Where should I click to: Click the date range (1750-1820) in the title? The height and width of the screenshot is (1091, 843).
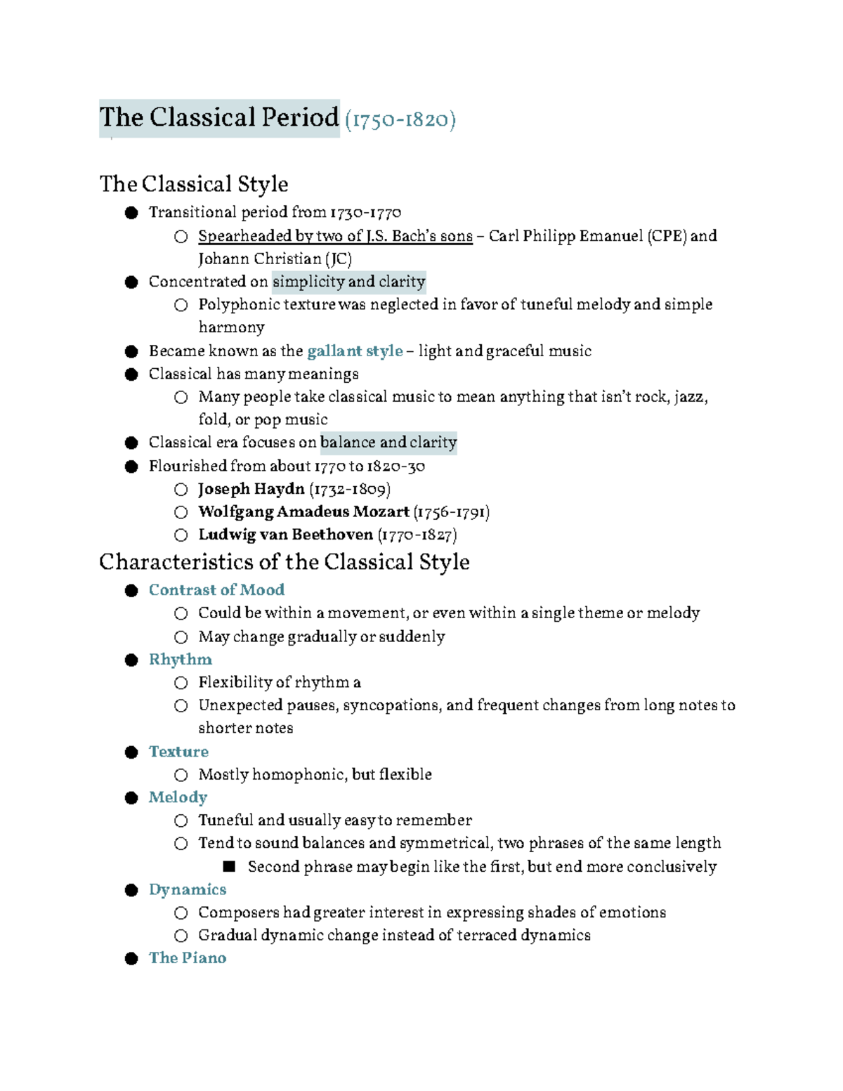(400, 119)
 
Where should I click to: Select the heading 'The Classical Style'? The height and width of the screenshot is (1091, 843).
(194, 184)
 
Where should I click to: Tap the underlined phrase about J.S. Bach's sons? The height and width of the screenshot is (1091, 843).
(335, 236)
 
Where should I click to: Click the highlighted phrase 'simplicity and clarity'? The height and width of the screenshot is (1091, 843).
(348, 282)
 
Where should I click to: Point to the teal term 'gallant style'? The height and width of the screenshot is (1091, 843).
(355, 351)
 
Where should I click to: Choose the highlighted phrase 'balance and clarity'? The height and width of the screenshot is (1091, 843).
(388, 443)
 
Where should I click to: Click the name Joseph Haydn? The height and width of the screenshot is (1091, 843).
(251, 489)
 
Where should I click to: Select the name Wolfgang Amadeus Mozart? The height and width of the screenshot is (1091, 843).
(303, 511)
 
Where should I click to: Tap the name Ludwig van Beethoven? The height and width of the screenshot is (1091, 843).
(285, 535)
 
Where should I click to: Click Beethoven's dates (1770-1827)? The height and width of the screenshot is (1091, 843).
(417, 535)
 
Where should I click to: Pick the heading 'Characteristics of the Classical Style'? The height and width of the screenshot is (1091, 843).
(285, 562)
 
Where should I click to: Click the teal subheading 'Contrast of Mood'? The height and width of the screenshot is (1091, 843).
(216, 590)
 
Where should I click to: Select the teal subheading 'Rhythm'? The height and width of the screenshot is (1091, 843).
(181, 660)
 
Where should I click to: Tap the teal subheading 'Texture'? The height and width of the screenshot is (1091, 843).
(178, 752)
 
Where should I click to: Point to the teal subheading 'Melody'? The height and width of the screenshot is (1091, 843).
(178, 797)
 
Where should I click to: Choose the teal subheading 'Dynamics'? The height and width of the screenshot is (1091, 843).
(188, 890)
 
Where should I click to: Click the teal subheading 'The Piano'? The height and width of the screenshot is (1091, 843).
(188, 958)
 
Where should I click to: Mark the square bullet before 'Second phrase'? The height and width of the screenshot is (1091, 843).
(229, 867)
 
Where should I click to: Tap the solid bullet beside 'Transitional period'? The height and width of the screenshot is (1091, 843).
(131, 213)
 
